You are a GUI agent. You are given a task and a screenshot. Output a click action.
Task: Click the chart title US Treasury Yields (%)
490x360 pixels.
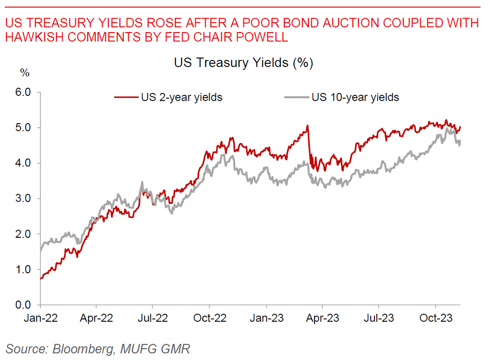(x=243, y=63)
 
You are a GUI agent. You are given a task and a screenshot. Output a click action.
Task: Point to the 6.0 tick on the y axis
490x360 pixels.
(x=23, y=92)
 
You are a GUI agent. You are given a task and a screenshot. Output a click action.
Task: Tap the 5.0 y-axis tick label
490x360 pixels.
(x=23, y=128)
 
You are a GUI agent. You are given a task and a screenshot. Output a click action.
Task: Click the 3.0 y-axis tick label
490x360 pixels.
(x=23, y=198)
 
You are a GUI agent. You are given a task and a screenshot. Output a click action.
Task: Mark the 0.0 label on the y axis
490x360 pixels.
(x=23, y=305)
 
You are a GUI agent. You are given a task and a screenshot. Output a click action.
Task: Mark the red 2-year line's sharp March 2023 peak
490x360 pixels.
(x=307, y=126)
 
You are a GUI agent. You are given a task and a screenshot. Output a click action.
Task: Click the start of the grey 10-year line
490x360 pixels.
(x=40, y=251)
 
